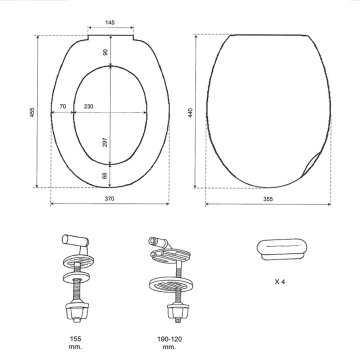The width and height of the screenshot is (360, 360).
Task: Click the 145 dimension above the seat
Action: (x=110, y=23)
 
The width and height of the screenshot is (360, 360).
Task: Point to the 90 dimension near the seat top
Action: (x=105, y=52)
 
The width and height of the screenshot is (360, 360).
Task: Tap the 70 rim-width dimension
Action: (x=63, y=107)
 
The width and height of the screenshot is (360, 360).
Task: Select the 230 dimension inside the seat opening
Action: (x=89, y=107)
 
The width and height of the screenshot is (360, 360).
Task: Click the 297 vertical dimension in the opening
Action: (x=105, y=142)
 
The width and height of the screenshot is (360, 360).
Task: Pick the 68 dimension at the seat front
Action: (x=105, y=175)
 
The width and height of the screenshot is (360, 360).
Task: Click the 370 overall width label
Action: (x=109, y=199)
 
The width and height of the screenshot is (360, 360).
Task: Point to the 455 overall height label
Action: (x=32, y=112)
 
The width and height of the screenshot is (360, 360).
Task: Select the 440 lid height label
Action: (x=190, y=112)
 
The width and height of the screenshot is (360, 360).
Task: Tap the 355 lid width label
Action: (x=268, y=199)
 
